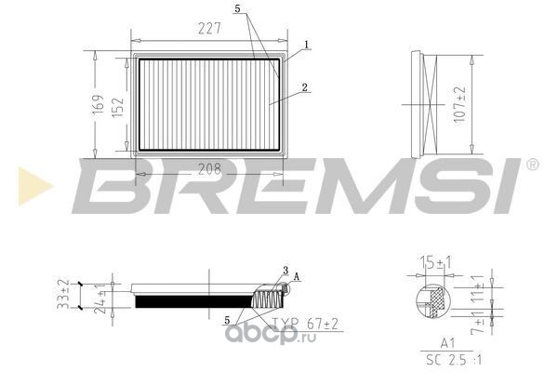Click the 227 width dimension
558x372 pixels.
(209, 29)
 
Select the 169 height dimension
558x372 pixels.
(99, 104)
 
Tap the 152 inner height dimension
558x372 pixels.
(118, 107)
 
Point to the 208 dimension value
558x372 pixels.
(209, 169)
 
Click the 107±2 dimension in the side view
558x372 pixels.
(459, 104)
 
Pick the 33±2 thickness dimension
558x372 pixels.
(63, 295)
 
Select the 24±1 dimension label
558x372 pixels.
(101, 299)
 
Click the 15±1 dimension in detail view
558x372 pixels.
(436, 262)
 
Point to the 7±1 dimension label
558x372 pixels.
(478, 323)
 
